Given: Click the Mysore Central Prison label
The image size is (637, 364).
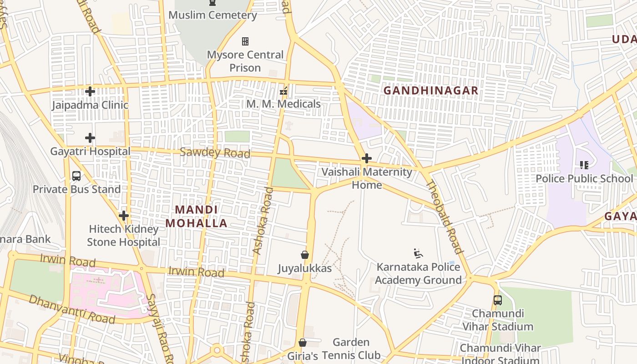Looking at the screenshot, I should (245, 61).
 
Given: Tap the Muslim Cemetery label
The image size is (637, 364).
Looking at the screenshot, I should (212, 15).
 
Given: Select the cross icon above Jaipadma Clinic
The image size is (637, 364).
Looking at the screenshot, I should (90, 91).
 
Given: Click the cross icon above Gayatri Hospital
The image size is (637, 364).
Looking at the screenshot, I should (90, 137).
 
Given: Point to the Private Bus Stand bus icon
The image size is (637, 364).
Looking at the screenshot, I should (76, 176).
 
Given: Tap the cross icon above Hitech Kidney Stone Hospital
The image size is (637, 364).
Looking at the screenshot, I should (123, 215).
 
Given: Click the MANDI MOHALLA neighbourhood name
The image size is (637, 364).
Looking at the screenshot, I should (196, 217).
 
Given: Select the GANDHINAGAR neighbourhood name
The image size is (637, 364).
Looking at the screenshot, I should (430, 91).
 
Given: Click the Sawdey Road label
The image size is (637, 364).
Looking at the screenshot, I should (215, 152).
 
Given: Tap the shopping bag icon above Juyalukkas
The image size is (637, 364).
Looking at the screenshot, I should (305, 255).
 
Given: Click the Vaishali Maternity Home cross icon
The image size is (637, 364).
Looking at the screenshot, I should (366, 158).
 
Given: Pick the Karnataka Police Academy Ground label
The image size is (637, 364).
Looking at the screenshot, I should (418, 273).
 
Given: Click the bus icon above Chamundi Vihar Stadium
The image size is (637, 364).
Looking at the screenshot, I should (498, 300).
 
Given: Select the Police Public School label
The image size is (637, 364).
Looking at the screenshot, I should (584, 178).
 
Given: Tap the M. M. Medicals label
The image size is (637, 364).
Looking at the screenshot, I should (283, 104).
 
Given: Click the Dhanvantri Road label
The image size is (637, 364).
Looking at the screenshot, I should (72, 308).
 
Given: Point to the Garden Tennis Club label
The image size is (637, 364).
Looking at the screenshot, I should (351, 349).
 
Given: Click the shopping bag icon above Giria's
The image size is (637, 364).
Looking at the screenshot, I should (303, 343).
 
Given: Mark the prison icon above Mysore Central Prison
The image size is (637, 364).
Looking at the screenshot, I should (245, 42).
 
